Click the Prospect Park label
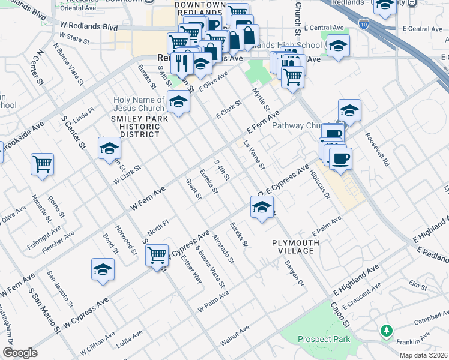pyautogui.click(x=324, y=340)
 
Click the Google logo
pyautogui.click(x=20, y=353)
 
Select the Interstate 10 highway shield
pyautogui.click(x=364, y=24)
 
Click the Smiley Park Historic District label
pyautogui.click(x=136, y=127)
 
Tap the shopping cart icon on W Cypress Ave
pyautogui.click(x=157, y=254)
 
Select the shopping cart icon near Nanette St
pyautogui.click(x=42, y=164)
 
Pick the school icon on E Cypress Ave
pyautogui.click(x=262, y=207)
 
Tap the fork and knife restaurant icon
pyautogui.click(x=182, y=62)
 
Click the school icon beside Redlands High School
pyautogui.click(x=338, y=46)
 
